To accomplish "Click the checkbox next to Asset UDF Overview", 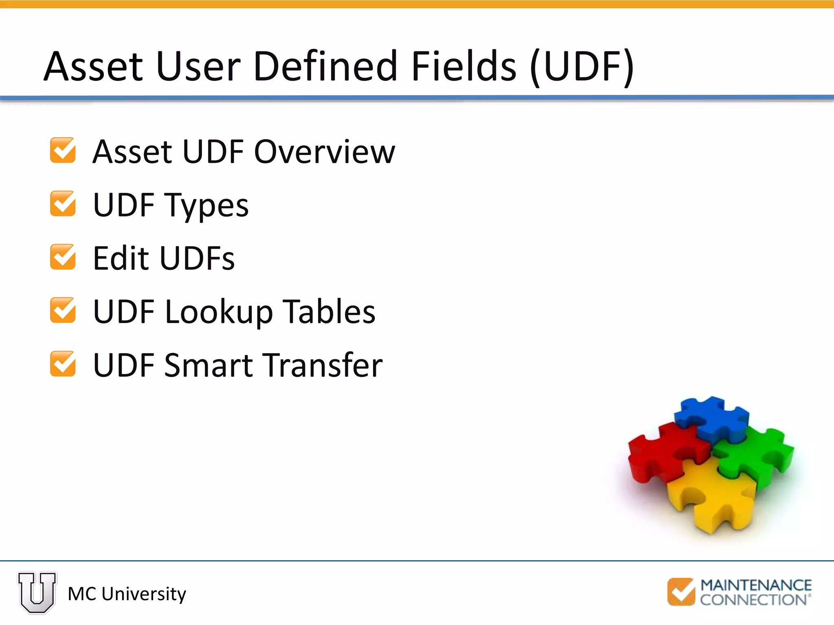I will click(63, 151).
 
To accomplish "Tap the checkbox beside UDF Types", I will click(63, 204).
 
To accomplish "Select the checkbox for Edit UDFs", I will click(63, 257).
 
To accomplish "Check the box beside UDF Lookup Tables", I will click(63, 310).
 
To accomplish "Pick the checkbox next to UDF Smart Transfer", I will click(63, 364).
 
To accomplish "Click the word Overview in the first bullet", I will click(325, 151).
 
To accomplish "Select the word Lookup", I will click(219, 312).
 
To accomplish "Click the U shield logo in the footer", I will click(37, 592).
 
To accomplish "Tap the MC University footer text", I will click(127, 594).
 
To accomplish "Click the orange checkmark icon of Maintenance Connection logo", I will click(681, 592).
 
